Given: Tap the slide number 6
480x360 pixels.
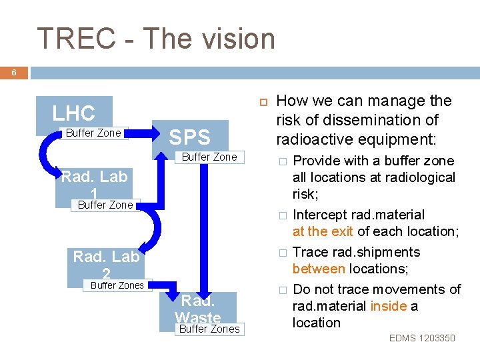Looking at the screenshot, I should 13,73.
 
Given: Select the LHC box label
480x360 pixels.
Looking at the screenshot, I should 74,113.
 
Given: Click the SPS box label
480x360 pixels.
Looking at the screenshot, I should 190,138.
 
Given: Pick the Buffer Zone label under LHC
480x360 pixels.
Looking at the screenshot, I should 93,133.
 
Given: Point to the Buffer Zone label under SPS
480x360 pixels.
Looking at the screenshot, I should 209,157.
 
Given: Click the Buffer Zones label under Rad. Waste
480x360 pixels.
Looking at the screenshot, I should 209,329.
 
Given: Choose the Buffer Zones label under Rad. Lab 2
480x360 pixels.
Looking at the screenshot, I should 117,285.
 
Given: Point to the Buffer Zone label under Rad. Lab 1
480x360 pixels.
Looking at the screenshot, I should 105,205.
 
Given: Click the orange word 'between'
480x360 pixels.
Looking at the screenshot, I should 319,269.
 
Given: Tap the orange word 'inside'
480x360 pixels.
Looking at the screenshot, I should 389,306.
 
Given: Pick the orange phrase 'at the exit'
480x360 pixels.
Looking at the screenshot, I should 323,231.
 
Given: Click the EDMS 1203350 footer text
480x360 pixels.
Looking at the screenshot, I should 422,338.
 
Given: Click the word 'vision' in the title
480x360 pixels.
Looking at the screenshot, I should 237,39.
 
